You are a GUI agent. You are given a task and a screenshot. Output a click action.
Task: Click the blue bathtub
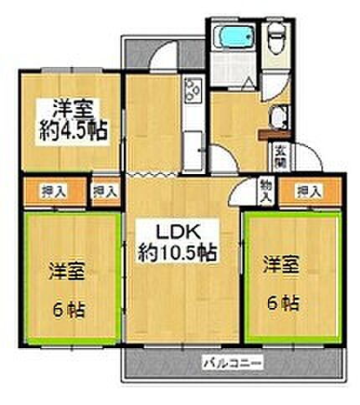(229, 37)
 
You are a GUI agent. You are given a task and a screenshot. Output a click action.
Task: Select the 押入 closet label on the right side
(308, 192)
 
